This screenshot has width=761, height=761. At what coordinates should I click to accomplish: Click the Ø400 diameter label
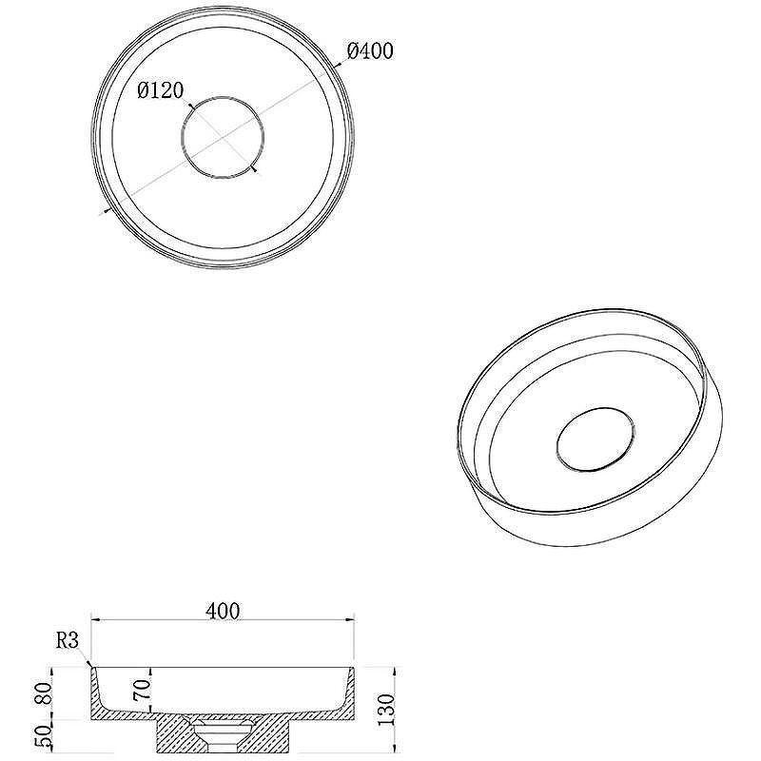[x=370, y=51]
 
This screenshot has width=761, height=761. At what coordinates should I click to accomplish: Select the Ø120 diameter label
[x=161, y=90]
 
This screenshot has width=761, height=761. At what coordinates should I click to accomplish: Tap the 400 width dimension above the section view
[x=223, y=611]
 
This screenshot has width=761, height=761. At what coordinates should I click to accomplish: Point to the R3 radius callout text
[x=68, y=640]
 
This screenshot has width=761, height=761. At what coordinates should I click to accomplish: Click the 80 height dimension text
[x=43, y=693]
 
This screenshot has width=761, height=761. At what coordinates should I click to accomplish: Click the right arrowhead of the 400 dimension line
[x=350, y=620]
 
